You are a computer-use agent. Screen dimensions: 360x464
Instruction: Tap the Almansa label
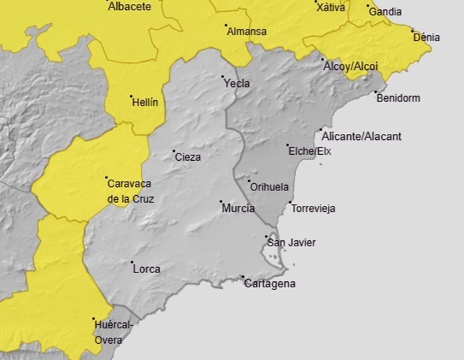click(x=246, y=32)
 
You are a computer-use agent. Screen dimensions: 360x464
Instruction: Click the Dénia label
click(x=426, y=38)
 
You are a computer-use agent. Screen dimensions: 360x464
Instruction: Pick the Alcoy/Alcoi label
click(x=350, y=67)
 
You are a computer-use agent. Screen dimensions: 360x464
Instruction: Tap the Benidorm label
click(x=398, y=98)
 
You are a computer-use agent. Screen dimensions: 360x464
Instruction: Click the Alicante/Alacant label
click(x=362, y=137)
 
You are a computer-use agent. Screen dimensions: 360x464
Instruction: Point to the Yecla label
click(x=236, y=84)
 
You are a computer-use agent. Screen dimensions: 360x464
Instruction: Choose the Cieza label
click(x=188, y=157)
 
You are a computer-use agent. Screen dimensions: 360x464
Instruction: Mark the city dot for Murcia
click(x=221, y=201)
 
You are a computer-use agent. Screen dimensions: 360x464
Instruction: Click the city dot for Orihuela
click(x=249, y=181)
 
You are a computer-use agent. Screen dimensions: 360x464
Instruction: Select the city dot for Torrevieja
click(x=291, y=203)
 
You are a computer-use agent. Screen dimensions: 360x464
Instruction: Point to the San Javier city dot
click(x=266, y=237)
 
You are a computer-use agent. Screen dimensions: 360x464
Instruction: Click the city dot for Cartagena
click(x=243, y=277)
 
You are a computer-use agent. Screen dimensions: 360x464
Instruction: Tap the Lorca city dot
click(x=132, y=263)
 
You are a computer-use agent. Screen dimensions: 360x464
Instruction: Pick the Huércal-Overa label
click(x=112, y=332)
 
